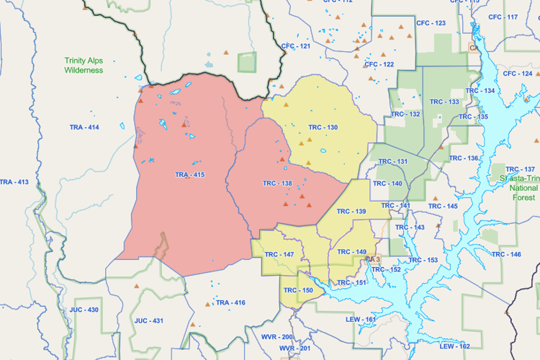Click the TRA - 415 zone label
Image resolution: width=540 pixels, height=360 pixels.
tap(190, 175)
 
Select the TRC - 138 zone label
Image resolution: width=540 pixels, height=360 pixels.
tap(277, 184)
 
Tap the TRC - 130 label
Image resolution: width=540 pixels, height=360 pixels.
tap(323, 127)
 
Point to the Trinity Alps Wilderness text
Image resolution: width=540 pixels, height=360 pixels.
tap(84, 66)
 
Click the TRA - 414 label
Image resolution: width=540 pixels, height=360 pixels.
tap(84, 127)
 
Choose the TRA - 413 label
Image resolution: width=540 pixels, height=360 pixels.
tap(14, 182)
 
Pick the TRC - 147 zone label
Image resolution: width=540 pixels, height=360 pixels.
tap(279, 255)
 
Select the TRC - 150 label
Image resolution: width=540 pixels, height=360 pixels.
tap(297, 290)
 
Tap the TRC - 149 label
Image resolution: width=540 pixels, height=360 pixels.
tap(351, 251)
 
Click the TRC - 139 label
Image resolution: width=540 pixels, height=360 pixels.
tap(351, 211)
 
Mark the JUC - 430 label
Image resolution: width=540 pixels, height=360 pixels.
tap(84, 309)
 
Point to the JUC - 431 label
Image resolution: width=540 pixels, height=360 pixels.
tap(149, 320)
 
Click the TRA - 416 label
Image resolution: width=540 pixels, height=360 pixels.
tap(230, 302)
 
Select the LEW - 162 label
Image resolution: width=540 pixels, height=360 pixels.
tap(454, 346)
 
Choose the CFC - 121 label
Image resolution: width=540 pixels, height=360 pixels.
tap(296, 46)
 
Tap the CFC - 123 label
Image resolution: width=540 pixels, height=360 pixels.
tap(431, 23)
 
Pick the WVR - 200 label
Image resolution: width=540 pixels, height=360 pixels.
tap(276, 337)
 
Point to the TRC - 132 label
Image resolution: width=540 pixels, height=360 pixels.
tap(405, 114)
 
